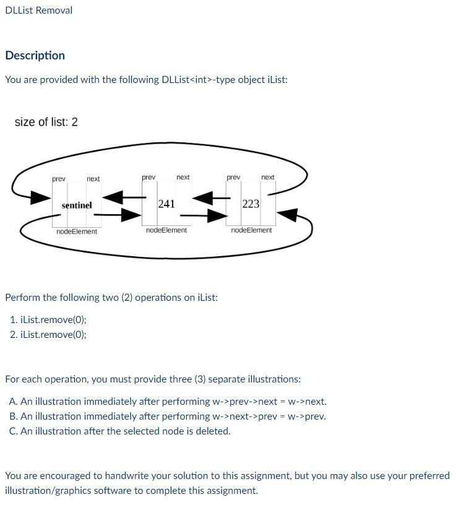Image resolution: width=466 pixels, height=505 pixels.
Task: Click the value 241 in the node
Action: pos(166,204)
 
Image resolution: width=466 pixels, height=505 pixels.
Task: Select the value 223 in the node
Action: pos(251,204)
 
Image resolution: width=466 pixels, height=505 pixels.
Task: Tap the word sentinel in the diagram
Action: pos(77,205)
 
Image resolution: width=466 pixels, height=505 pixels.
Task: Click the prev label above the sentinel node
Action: pos(59,179)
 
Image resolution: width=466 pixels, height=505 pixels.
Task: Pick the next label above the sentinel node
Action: pos(93,179)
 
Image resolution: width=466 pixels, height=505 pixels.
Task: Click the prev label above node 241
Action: pos(149,177)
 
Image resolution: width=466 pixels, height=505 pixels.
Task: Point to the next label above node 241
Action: pos(183,177)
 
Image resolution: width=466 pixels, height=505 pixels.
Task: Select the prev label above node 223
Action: pos(233,177)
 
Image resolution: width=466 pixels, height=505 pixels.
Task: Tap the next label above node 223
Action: pos(268,177)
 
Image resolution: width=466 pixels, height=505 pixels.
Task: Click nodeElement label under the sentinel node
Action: pos(77,231)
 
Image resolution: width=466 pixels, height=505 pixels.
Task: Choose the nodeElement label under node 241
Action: pos(166,230)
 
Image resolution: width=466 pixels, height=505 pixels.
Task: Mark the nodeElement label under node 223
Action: pos(251,230)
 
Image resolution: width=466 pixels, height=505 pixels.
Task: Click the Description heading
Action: pos(35,56)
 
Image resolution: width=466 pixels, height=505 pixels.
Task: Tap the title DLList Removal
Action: pos(38,11)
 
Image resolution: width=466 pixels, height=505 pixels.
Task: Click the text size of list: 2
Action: pos(46,122)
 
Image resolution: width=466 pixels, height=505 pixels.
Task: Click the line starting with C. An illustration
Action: pos(120,431)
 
